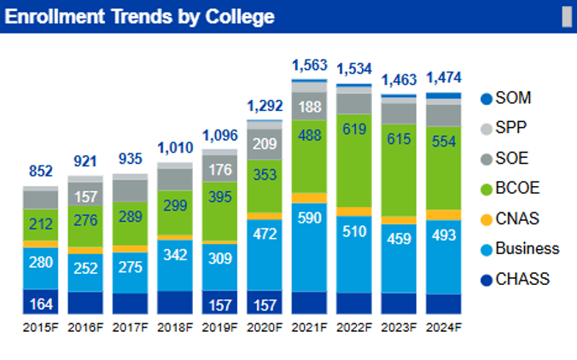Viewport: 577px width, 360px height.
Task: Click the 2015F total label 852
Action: click(x=40, y=171)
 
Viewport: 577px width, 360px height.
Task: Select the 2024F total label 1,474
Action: click(x=443, y=78)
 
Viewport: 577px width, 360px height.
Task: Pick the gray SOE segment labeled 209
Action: click(x=265, y=142)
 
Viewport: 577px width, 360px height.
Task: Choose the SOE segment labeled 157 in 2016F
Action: click(x=85, y=196)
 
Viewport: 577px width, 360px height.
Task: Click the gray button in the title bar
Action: click(x=565, y=16)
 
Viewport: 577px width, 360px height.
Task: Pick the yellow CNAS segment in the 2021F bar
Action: click(x=309, y=198)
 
